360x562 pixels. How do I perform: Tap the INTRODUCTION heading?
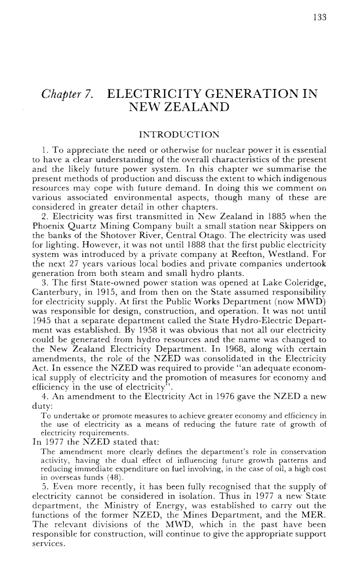[179, 135]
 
